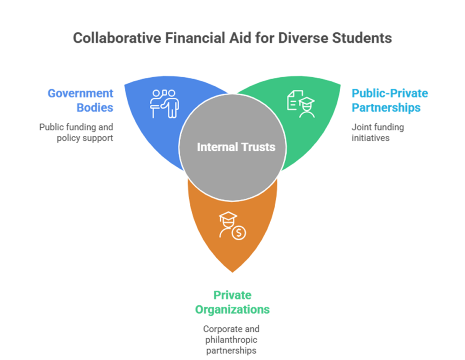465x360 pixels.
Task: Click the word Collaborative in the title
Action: pos(115,38)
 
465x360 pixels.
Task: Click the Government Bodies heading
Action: pos(81,100)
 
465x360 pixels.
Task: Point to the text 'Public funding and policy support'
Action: pos(77,132)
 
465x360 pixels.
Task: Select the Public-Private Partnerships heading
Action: pos(390,100)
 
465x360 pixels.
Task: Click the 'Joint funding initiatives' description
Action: pos(377,132)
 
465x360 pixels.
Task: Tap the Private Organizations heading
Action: pos(232,302)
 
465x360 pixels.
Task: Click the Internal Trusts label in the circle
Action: pos(236,147)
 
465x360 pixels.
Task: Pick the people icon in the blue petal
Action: pos(164,103)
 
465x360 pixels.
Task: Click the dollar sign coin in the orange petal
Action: pos(239,233)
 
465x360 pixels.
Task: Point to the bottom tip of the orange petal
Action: pos(232,272)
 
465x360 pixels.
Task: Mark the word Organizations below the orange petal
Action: pos(232,310)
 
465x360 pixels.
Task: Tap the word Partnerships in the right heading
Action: pos(386,108)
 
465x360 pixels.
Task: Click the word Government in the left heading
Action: pos(80,93)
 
